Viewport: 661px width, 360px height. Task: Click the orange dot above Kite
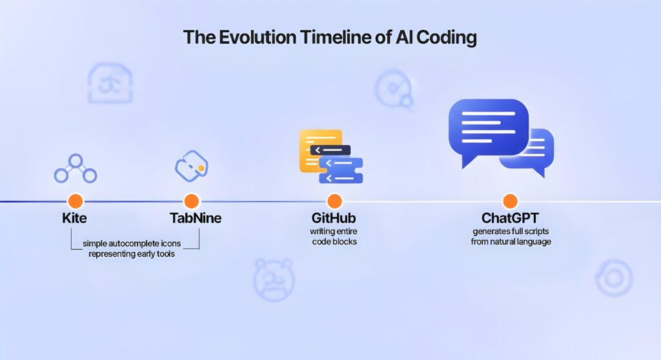click(x=76, y=201)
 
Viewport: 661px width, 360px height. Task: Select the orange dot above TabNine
click(x=191, y=201)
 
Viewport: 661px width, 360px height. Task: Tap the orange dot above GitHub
click(x=334, y=201)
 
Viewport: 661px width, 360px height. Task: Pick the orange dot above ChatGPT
click(x=510, y=201)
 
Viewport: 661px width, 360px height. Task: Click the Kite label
click(x=75, y=218)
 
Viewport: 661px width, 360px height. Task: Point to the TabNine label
click(x=196, y=218)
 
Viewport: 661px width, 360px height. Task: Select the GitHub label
click(x=333, y=218)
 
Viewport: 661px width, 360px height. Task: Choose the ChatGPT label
click(x=511, y=218)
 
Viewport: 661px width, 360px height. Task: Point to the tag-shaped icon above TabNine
click(x=191, y=165)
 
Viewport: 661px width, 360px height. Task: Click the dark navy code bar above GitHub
click(x=330, y=150)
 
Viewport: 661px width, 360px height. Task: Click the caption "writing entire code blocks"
click(x=333, y=237)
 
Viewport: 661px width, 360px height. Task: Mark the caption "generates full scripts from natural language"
click(x=511, y=237)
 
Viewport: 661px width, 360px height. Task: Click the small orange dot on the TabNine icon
click(x=201, y=168)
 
